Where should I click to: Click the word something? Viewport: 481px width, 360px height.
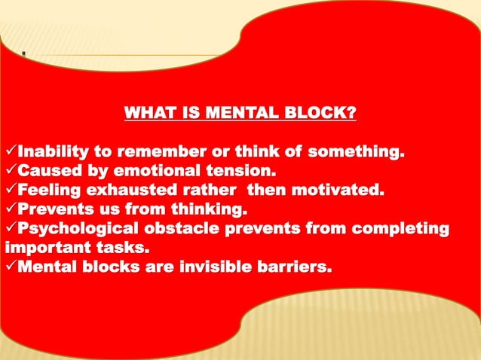point(350,155)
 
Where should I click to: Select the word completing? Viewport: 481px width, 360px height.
point(400,227)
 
